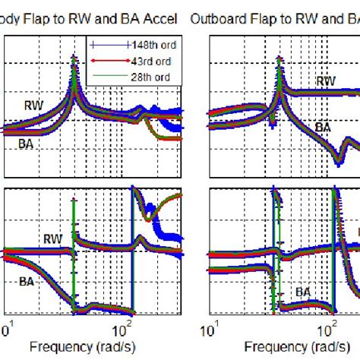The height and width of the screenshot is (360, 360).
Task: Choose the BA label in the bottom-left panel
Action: tap(27, 280)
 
